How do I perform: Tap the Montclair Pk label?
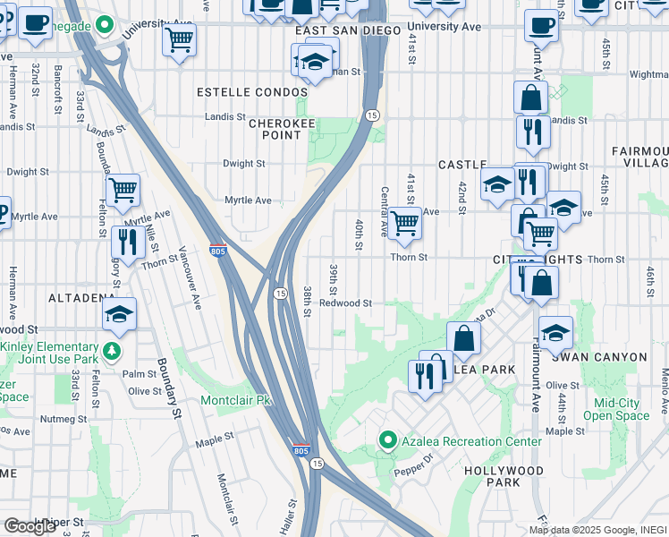coord(234,400)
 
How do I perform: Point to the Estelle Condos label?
coord(235,92)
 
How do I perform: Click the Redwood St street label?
coord(345,303)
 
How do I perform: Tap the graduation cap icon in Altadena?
coord(119,315)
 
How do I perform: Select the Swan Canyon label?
coord(599,357)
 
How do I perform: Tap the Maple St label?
coord(214,439)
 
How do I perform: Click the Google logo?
coord(30,526)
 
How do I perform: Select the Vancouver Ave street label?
coord(189,277)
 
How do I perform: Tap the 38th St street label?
coord(307,303)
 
